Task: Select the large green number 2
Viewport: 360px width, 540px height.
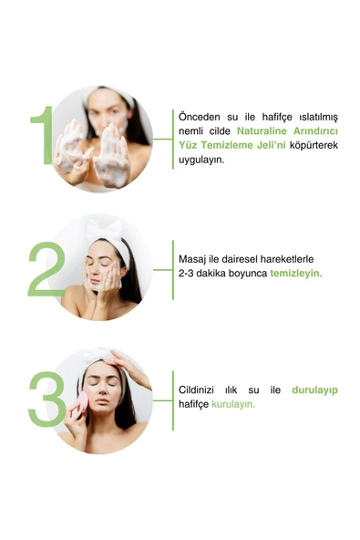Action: point(46,269)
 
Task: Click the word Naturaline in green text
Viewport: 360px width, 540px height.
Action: point(262,130)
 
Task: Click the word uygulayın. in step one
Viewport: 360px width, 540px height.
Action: point(201,161)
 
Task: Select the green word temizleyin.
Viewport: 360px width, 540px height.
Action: point(296,274)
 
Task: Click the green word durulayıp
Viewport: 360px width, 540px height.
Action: point(315,390)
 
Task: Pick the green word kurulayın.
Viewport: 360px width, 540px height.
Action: point(233,404)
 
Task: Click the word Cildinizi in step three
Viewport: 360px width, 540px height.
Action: point(196,389)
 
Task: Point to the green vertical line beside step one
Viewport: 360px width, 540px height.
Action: point(173,140)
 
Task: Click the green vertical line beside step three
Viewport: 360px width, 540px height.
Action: point(173,400)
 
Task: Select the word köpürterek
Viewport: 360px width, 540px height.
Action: point(314,145)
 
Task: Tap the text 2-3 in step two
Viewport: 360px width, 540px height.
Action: point(186,274)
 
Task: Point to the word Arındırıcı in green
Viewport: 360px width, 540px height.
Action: point(315,130)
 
